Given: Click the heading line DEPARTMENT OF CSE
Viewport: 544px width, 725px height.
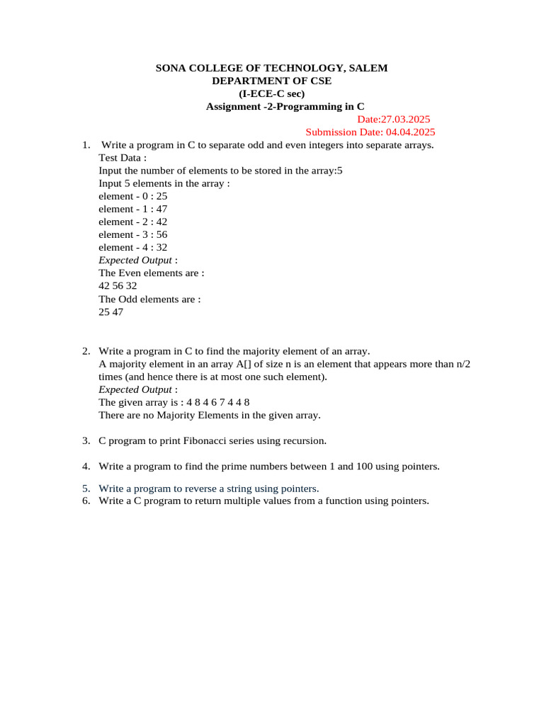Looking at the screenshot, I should pos(271,81).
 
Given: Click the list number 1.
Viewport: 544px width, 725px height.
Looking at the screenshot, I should pos(86,145).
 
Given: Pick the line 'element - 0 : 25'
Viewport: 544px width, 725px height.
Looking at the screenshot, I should pos(132,196).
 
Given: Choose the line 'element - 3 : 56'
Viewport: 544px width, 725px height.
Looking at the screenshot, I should pos(132,234).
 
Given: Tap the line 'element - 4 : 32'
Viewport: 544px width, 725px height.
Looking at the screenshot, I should pos(132,247).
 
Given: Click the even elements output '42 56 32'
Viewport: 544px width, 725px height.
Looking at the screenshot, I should pos(118,285).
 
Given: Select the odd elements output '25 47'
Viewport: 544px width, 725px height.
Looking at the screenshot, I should pos(110,312).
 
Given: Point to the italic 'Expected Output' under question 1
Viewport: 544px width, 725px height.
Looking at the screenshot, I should pos(135,260).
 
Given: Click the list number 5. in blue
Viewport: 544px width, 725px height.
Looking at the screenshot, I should pos(86,489).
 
